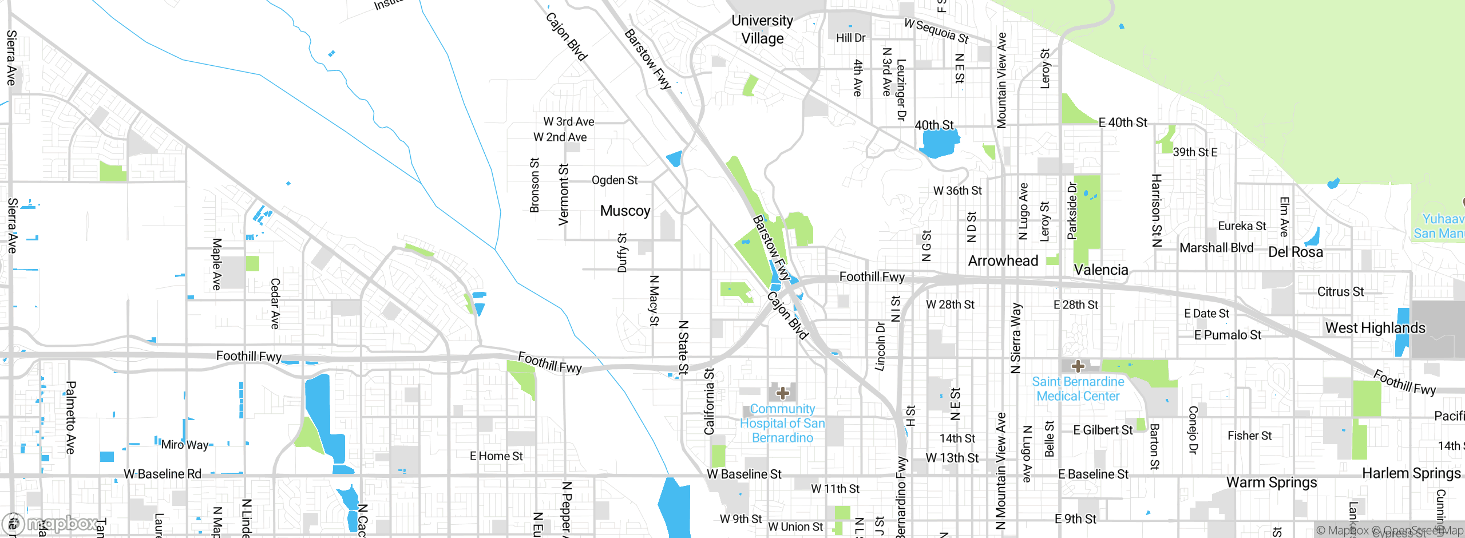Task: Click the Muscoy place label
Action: (x=625, y=211)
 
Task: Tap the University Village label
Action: (x=762, y=29)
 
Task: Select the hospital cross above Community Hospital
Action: (x=783, y=393)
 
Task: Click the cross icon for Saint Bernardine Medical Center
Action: (x=1078, y=366)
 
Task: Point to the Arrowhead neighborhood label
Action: (x=1003, y=261)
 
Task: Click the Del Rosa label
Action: (x=1296, y=252)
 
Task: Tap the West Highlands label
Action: (x=1375, y=328)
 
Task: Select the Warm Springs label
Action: (x=1272, y=482)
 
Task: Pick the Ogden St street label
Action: (x=615, y=180)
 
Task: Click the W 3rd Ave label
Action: (x=569, y=121)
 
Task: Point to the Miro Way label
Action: (x=185, y=445)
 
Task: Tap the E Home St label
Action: (x=496, y=456)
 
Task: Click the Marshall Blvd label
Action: (x=1216, y=248)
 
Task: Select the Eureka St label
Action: (x=1242, y=226)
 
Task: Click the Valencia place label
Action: (x=1101, y=270)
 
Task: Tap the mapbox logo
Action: (x=50, y=523)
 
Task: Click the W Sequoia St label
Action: (x=936, y=31)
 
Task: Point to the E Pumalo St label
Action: (x=1228, y=335)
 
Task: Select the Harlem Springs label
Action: (x=1411, y=473)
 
